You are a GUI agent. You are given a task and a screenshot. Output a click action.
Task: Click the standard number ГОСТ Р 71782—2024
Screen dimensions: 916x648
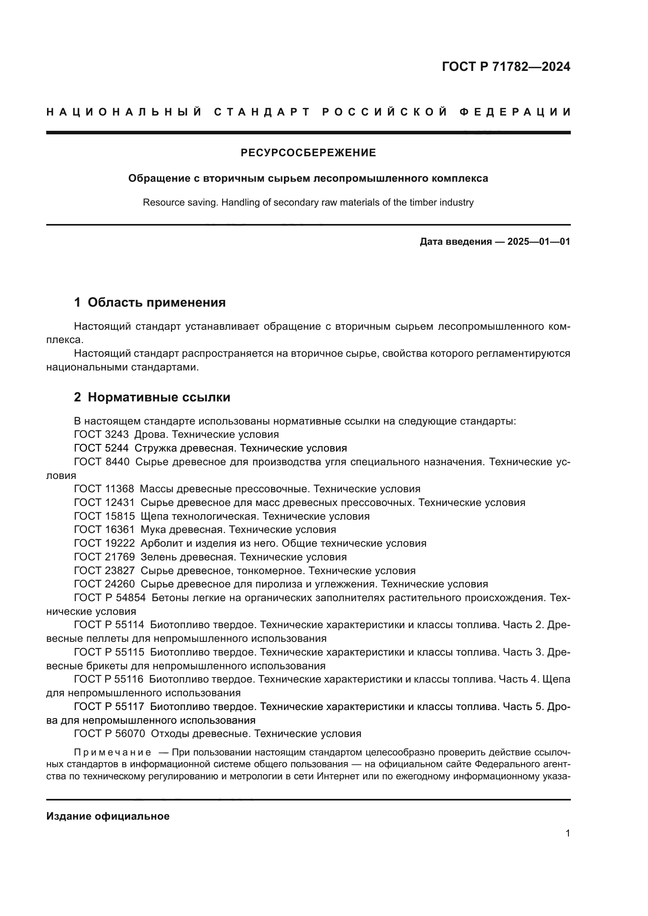click(x=506, y=67)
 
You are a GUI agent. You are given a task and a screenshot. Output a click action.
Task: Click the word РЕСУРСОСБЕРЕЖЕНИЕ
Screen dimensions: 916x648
click(x=308, y=153)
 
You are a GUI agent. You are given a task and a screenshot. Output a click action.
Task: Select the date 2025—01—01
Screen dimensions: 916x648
click(x=539, y=241)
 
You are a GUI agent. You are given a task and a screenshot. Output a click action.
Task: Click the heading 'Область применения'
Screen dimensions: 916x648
click(x=156, y=302)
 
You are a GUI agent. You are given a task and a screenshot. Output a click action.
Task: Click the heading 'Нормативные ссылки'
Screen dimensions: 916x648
click(x=159, y=397)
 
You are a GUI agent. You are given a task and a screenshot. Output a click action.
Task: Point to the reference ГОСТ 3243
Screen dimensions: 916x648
click(x=101, y=434)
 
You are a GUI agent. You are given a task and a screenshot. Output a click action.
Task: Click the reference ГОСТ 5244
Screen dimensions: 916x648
click(x=101, y=448)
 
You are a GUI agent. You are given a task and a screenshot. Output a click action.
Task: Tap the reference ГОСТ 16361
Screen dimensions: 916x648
click(x=104, y=529)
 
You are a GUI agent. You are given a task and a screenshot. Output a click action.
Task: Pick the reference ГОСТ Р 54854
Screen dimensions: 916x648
click(x=110, y=598)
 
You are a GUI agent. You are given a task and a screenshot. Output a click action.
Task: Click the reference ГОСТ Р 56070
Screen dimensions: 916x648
click(x=110, y=733)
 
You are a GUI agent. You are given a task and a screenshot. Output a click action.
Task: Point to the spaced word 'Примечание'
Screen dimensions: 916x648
click(x=112, y=752)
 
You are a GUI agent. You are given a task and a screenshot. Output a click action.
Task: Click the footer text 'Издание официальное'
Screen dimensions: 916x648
click(x=108, y=816)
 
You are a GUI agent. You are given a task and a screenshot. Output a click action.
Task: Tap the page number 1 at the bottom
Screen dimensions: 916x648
click(x=568, y=833)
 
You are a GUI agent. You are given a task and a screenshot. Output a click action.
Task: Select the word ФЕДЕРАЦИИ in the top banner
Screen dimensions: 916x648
click(x=515, y=112)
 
